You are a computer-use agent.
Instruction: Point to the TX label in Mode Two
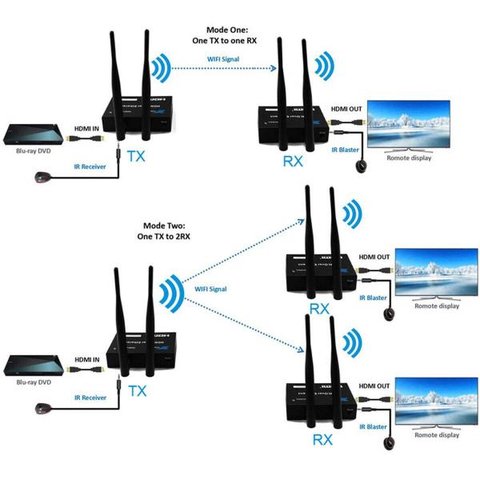coord(138,390)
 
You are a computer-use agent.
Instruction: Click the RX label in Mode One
coord(294,162)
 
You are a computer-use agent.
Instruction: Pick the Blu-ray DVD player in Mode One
coord(33,136)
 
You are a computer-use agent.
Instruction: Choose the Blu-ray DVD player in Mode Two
coord(33,366)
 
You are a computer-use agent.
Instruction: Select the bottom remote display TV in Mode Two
coord(437,401)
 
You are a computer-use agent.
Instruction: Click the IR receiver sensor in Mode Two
coord(40,410)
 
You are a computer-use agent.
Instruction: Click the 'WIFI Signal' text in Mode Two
coord(210,289)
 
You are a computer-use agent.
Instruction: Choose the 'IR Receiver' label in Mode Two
coord(90,398)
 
